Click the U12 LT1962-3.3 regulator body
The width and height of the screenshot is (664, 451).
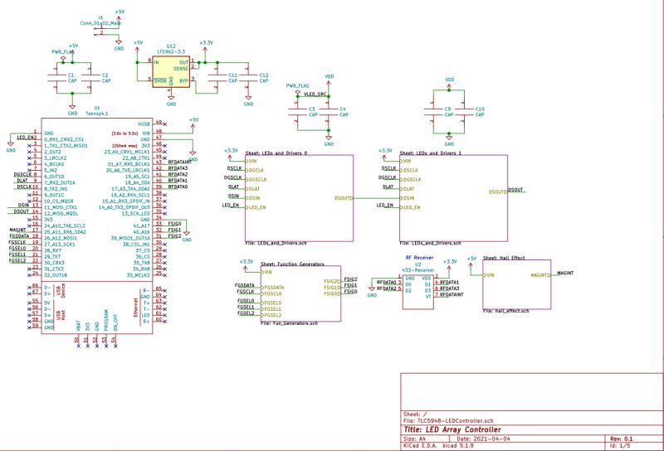(171, 70)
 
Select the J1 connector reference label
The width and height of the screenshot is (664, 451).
(100, 16)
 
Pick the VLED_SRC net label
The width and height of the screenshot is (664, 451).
(315, 95)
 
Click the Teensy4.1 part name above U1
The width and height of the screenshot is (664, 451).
(97, 114)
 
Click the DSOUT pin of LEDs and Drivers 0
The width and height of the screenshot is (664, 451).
(344, 198)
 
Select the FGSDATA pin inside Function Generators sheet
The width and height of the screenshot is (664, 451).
(274, 286)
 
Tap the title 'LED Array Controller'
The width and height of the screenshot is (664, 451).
(453, 430)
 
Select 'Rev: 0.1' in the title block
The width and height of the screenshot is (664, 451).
(622, 439)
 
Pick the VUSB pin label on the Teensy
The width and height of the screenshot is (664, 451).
(144, 124)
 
